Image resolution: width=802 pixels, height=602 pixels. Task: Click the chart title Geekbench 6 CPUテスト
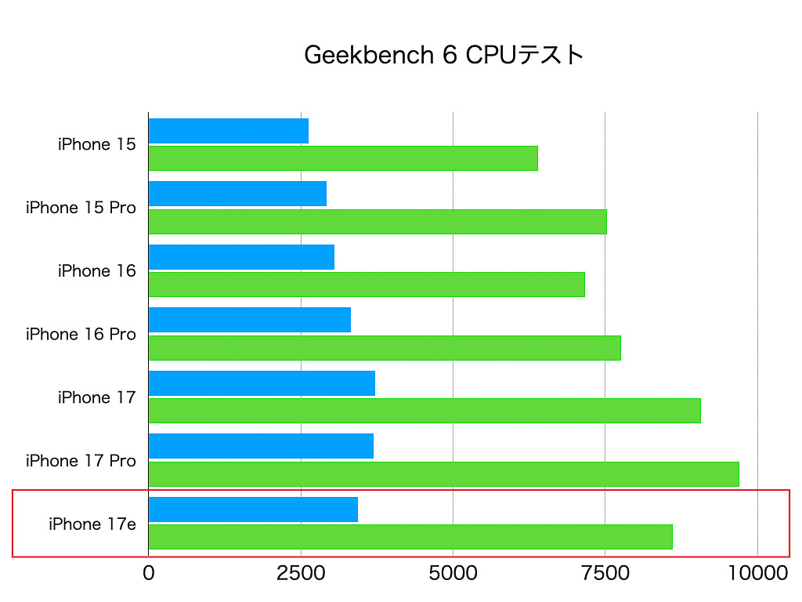click(x=443, y=55)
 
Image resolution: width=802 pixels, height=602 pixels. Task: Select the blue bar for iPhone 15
click(x=228, y=131)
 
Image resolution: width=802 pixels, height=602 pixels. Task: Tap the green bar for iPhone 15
click(x=343, y=158)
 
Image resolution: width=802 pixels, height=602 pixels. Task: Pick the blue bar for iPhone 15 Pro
click(x=237, y=194)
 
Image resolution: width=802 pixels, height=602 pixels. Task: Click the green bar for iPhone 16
click(x=367, y=285)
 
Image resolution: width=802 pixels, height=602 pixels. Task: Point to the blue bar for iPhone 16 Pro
click(x=249, y=320)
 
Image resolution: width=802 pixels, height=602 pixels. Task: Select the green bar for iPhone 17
click(x=424, y=411)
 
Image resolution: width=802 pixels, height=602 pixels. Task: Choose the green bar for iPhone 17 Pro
click(x=443, y=474)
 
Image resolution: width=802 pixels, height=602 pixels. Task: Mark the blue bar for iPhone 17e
click(x=253, y=510)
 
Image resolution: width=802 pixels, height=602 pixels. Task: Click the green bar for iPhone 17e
click(x=410, y=537)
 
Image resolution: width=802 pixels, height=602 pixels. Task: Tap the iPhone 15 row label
click(x=96, y=144)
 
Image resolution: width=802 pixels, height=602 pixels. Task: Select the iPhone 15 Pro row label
click(x=81, y=208)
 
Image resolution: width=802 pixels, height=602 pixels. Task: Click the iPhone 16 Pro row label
click(x=81, y=335)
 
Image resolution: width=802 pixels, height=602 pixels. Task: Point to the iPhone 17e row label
click(x=92, y=524)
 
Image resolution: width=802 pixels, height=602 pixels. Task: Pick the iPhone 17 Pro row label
click(x=81, y=461)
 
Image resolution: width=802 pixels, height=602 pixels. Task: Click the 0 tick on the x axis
click(x=148, y=574)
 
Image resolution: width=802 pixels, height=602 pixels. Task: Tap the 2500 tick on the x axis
click(x=301, y=574)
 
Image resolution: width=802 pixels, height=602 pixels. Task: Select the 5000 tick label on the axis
click(x=453, y=574)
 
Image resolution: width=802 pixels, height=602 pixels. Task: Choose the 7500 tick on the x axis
click(x=605, y=574)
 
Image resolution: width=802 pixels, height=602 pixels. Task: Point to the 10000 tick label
click(x=757, y=574)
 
